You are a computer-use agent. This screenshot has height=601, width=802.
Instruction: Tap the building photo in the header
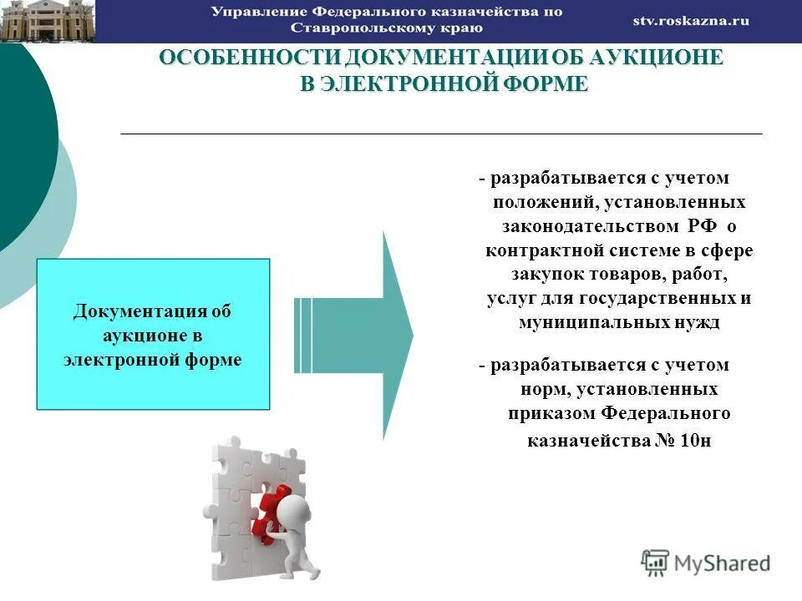48,21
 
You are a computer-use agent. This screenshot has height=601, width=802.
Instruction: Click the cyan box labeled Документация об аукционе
153,334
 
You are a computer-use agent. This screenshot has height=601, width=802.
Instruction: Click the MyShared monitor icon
655,562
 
